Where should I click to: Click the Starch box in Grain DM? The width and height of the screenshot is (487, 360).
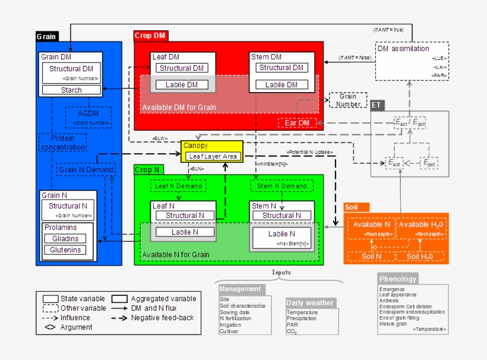click(x=71, y=90)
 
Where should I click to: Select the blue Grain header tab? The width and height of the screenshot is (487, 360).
click(x=47, y=36)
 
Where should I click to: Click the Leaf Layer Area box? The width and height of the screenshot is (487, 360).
click(x=213, y=157)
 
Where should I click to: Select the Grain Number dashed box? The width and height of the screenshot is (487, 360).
click(x=348, y=100)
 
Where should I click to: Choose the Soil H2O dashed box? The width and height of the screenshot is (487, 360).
click(x=419, y=257)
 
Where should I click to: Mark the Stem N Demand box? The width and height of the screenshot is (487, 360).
click(x=282, y=186)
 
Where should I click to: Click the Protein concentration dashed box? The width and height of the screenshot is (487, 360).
click(x=62, y=143)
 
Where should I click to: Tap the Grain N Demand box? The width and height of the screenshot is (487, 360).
click(x=86, y=169)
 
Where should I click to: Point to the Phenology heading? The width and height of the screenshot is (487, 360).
click(x=398, y=279)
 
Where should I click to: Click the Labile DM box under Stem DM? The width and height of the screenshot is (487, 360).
click(x=282, y=85)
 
